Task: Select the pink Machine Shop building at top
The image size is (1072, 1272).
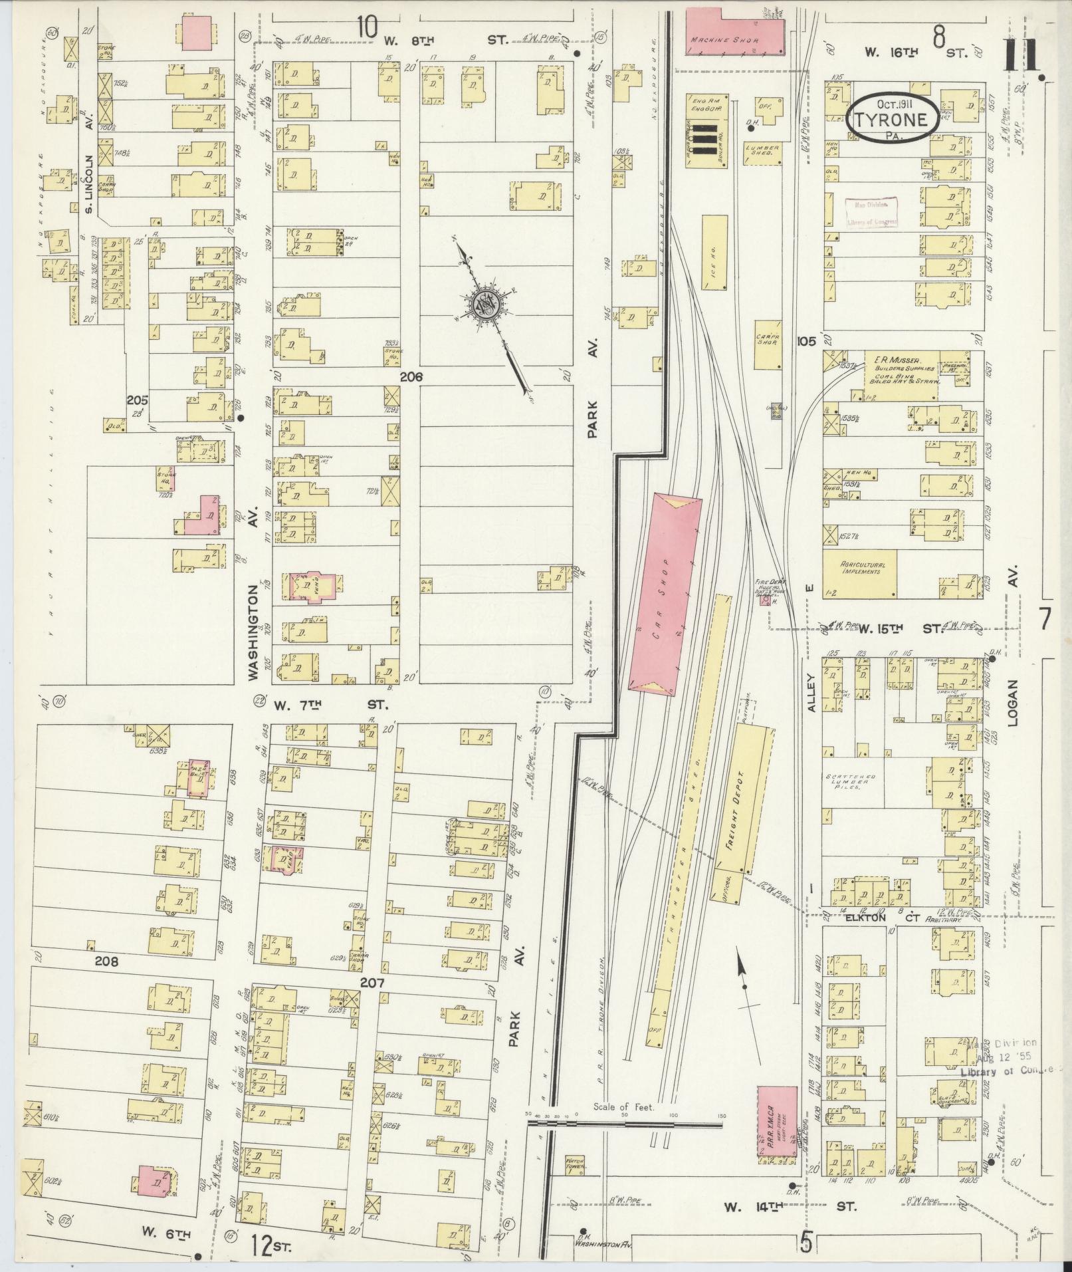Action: coord(734,30)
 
